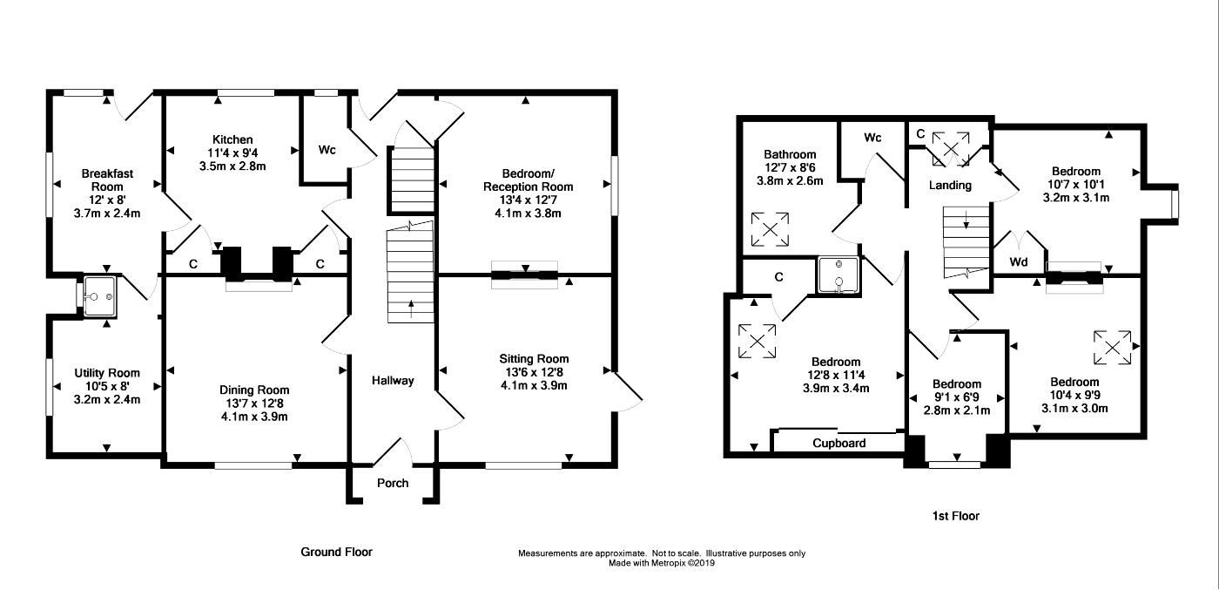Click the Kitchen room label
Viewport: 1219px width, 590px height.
232,139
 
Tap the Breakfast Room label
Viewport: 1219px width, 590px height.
107,180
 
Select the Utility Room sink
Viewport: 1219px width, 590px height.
99,296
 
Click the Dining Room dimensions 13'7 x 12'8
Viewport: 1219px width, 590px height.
254,404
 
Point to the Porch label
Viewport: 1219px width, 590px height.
393,483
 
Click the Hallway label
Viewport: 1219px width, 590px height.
393,380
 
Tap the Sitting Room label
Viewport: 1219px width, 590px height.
534,358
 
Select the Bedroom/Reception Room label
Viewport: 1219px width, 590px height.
528,180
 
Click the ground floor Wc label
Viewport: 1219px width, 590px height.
327,150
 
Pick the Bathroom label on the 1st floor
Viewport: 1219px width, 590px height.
790,154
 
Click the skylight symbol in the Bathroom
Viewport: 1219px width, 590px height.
770,229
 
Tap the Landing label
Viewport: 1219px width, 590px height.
950,186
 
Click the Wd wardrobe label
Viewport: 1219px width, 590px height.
1019,262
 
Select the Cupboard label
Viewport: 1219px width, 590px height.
839,443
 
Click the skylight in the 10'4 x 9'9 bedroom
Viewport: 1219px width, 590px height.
1113,348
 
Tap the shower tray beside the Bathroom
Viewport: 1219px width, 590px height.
839,275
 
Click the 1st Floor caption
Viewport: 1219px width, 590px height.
956,516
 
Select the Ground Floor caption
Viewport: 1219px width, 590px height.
336,552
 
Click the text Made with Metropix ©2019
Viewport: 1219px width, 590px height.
661,563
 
